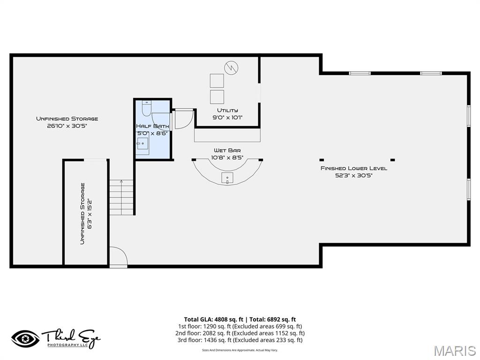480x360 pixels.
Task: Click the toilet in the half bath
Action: click(146, 108)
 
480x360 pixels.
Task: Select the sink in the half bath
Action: click(143, 145)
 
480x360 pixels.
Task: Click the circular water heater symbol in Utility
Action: click(230, 67)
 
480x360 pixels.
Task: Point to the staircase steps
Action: click(122, 197)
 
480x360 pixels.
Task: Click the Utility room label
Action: click(227, 111)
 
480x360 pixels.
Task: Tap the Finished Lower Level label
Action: click(353, 168)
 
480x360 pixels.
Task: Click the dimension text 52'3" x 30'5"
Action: click(353, 175)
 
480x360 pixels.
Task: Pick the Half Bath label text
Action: click(152, 126)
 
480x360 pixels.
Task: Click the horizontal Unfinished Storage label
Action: click(67, 119)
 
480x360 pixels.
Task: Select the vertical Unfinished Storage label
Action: click(82, 213)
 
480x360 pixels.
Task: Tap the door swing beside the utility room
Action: click(183, 119)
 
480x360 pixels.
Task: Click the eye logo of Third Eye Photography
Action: click(25, 338)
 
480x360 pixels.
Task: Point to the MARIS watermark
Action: click(455, 350)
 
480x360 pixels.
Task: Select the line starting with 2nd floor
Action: click(240, 333)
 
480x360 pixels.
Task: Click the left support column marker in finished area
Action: click(322, 159)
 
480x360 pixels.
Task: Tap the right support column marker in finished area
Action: click(392, 159)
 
